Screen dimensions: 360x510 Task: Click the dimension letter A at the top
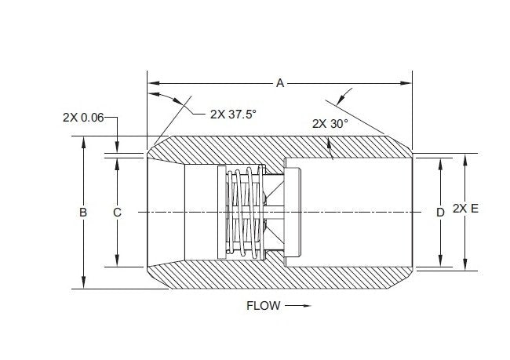point(279,82)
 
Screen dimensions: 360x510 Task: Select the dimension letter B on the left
point(83,213)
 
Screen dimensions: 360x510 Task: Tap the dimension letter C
point(117,213)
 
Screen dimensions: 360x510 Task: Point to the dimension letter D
point(440,213)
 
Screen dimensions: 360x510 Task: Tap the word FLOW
point(263,306)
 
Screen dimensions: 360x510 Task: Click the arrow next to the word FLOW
point(293,306)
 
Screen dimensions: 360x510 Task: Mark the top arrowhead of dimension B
point(83,141)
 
